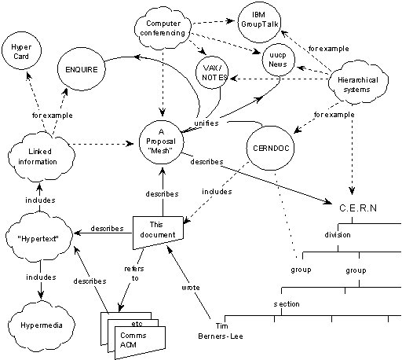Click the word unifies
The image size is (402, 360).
206,123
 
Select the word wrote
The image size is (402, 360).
192,288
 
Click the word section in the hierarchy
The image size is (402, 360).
286,303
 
